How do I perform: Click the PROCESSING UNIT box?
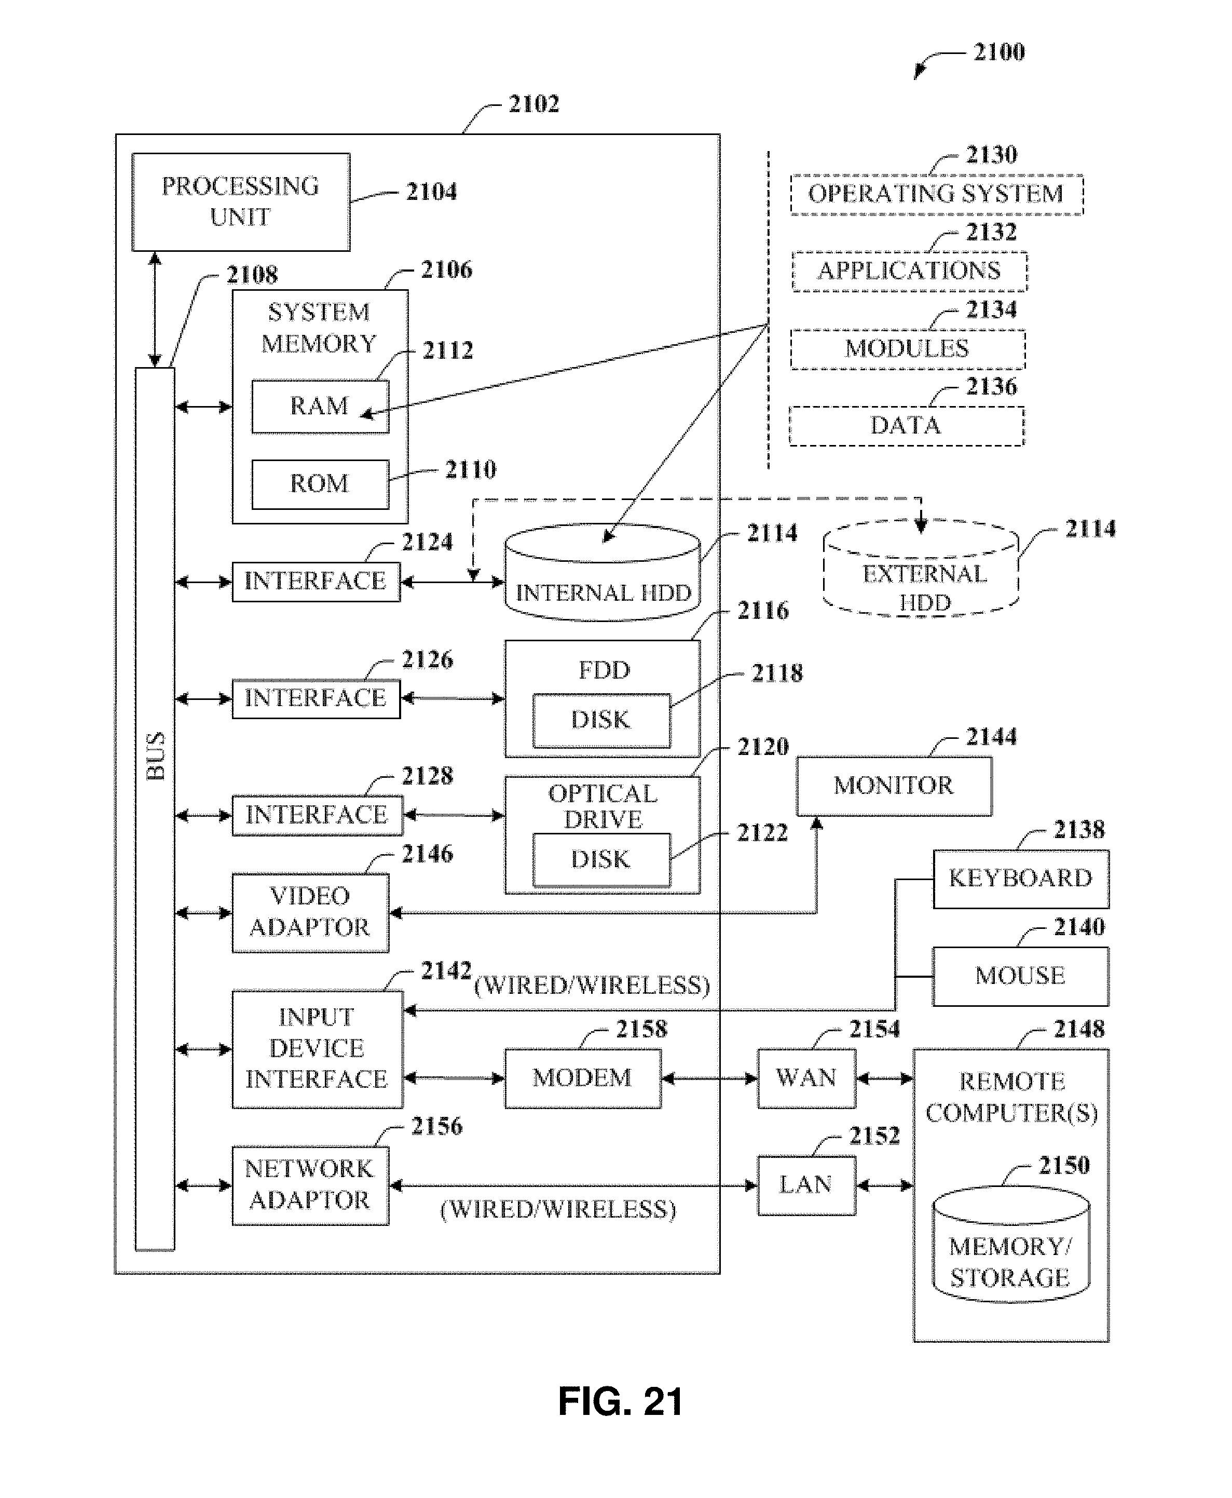coord(241,201)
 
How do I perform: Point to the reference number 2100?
coord(998,52)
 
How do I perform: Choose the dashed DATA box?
coord(906,426)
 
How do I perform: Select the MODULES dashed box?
coord(908,348)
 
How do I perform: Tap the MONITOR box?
coord(894,785)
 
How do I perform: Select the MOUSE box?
coord(1020,976)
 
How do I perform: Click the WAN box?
coord(806,1078)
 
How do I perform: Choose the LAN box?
coord(806,1185)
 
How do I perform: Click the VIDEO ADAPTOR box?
coord(310,912)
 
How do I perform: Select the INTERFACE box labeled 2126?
coord(316,698)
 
